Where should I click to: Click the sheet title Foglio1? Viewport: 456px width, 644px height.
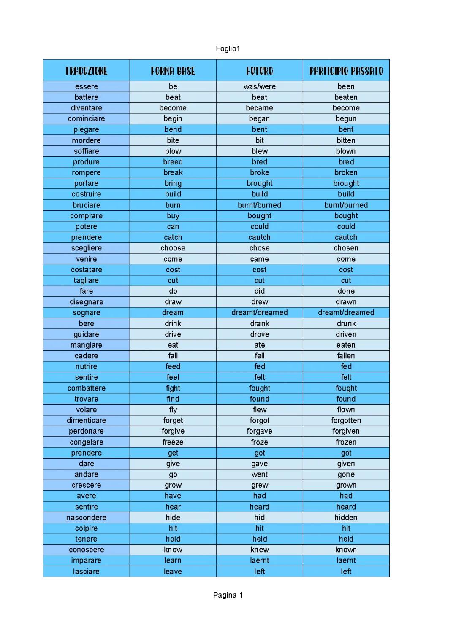coord(228,48)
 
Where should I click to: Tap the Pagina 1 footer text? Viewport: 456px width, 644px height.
coord(228,595)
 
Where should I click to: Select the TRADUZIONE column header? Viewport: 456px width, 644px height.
coord(86,70)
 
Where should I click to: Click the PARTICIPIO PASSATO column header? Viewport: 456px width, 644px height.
coord(346,70)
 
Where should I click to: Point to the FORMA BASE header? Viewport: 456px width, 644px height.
coord(173,70)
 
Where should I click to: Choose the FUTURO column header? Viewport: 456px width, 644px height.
coord(259,70)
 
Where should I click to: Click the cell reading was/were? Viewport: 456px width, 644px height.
coord(259,86)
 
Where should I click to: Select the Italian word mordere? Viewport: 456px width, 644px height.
coord(86,140)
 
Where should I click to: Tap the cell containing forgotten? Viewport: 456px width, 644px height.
coord(346,420)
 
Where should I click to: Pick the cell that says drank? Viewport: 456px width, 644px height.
coord(259,323)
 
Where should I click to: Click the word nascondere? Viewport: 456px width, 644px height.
coord(86,517)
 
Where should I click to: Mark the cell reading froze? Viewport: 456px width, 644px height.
coord(259,442)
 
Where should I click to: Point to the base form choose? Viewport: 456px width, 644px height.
coord(173,248)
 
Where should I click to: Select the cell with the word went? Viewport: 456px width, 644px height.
coord(259,474)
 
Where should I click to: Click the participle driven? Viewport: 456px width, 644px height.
coord(346,334)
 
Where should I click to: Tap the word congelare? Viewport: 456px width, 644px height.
coord(86,442)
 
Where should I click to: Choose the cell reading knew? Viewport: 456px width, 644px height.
coord(259,550)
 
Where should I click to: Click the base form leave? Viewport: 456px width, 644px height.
coord(173,571)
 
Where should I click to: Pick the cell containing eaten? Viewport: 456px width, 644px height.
coord(346,345)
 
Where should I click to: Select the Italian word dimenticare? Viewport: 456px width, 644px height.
coord(86,420)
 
